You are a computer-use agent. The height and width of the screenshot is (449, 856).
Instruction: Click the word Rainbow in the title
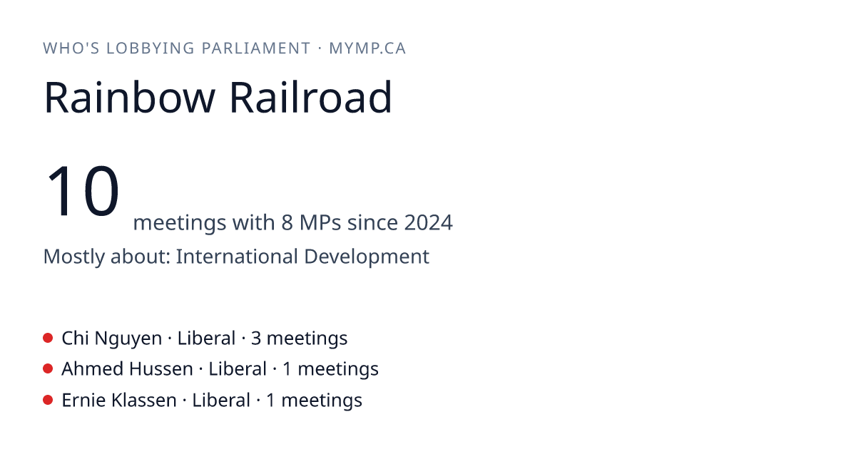point(130,98)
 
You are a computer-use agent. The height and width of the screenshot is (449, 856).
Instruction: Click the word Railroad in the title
point(311,97)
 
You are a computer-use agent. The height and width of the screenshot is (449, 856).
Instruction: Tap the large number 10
point(82,190)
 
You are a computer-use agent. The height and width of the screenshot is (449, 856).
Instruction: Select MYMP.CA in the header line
point(367,48)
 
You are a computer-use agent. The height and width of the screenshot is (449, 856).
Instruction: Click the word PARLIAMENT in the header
point(256,48)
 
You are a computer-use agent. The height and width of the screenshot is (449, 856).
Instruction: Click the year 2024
point(429,222)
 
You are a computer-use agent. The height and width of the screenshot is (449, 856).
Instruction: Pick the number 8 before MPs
point(287,222)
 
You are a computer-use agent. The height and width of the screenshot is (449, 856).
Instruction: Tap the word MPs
point(320,222)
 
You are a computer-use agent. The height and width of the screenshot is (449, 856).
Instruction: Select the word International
point(237,257)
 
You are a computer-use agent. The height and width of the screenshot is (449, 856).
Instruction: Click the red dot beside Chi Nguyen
point(48,338)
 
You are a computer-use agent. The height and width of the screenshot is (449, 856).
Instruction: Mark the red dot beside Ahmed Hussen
point(48,369)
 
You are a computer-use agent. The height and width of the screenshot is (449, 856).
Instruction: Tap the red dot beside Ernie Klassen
point(48,400)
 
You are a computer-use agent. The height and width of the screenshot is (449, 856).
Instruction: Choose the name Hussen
point(161,369)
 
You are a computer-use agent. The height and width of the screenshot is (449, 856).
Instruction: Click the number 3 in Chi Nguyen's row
point(256,339)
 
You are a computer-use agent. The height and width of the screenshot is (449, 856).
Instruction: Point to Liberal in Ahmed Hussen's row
point(238,369)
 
